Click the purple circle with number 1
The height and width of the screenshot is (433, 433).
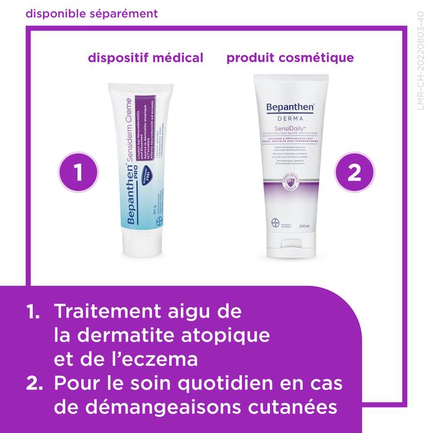tap(78, 173)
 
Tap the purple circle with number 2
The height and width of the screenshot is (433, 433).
tap(354, 173)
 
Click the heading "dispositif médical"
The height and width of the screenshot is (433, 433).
tap(146, 58)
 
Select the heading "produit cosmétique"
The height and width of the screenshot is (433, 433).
tap(290, 58)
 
